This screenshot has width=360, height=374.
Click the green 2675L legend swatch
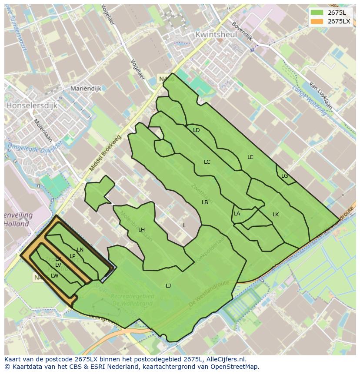tap(317, 12)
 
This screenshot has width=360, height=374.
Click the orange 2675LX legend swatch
tap(317, 21)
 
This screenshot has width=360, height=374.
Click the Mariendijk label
tap(86, 89)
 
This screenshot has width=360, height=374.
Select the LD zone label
tap(196, 130)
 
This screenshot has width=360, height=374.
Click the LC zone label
tap(207, 162)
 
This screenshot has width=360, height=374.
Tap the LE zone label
tap(250, 157)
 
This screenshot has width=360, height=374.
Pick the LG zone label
tap(284, 176)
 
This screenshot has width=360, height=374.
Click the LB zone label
tap(205, 202)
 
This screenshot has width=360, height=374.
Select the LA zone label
tap(237, 214)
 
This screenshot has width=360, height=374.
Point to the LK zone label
tap(276, 215)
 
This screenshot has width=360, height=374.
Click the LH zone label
tap(141, 230)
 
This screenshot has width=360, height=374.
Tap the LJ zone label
tap(168, 285)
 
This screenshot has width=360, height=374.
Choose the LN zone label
tap(80, 250)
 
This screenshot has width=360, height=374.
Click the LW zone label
tap(54, 276)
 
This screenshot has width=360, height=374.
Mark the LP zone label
tap(73, 256)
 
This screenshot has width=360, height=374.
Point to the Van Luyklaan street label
tap(321, 96)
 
